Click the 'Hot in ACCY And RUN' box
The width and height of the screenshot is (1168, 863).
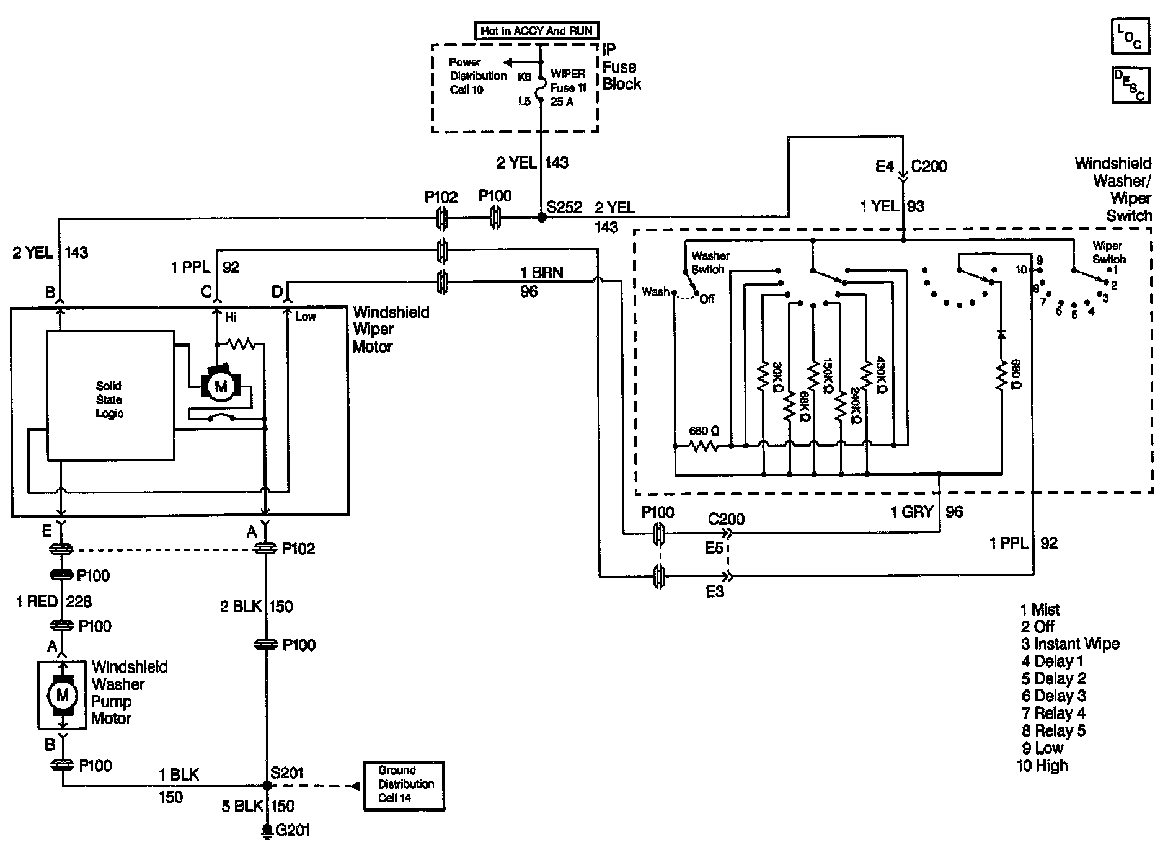[x=537, y=30]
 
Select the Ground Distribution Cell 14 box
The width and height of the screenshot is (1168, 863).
[x=404, y=786]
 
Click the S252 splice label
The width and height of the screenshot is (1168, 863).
[x=564, y=207]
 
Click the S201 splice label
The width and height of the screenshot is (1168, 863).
[x=286, y=773]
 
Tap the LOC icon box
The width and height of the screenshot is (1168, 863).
[x=1130, y=37]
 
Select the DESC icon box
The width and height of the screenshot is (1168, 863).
[x=1130, y=86]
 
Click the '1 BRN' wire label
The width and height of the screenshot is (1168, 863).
[x=541, y=273]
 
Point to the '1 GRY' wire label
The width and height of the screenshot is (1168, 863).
[x=911, y=512]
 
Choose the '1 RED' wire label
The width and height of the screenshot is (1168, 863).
[x=37, y=601]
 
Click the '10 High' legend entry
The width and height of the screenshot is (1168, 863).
[x=1043, y=766]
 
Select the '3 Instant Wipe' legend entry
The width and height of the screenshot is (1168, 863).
[x=1071, y=644]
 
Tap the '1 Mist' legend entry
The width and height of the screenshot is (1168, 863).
[x=1041, y=609]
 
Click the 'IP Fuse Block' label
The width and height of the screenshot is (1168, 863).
[x=621, y=67]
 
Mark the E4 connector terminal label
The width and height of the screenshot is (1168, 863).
[x=884, y=166]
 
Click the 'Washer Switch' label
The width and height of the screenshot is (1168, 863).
[x=710, y=262]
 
